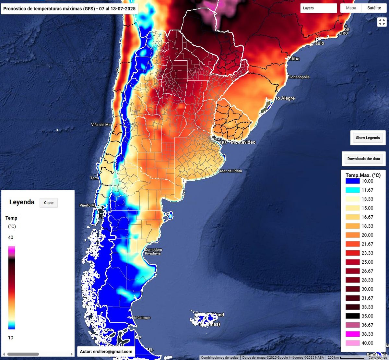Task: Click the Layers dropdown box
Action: point(318,8)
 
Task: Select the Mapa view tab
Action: point(351,8)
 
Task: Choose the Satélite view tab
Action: point(374,8)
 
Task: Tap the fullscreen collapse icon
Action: point(382,22)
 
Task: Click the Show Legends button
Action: point(368,138)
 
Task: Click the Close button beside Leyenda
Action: point(49,203)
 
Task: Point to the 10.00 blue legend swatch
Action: point(353,181)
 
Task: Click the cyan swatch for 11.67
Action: point(353,190)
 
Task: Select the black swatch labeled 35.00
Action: point(353,316)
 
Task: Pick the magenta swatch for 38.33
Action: point(353,334)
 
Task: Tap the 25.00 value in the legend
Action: point(367,262)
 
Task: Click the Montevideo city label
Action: point(243,142)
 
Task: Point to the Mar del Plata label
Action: point(231,171)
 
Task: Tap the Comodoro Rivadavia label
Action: point(153,251)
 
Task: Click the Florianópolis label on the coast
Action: point(299,77)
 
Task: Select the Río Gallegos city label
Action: point(142,318)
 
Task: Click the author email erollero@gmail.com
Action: point(106,352)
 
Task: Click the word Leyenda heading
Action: point(22,202)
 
